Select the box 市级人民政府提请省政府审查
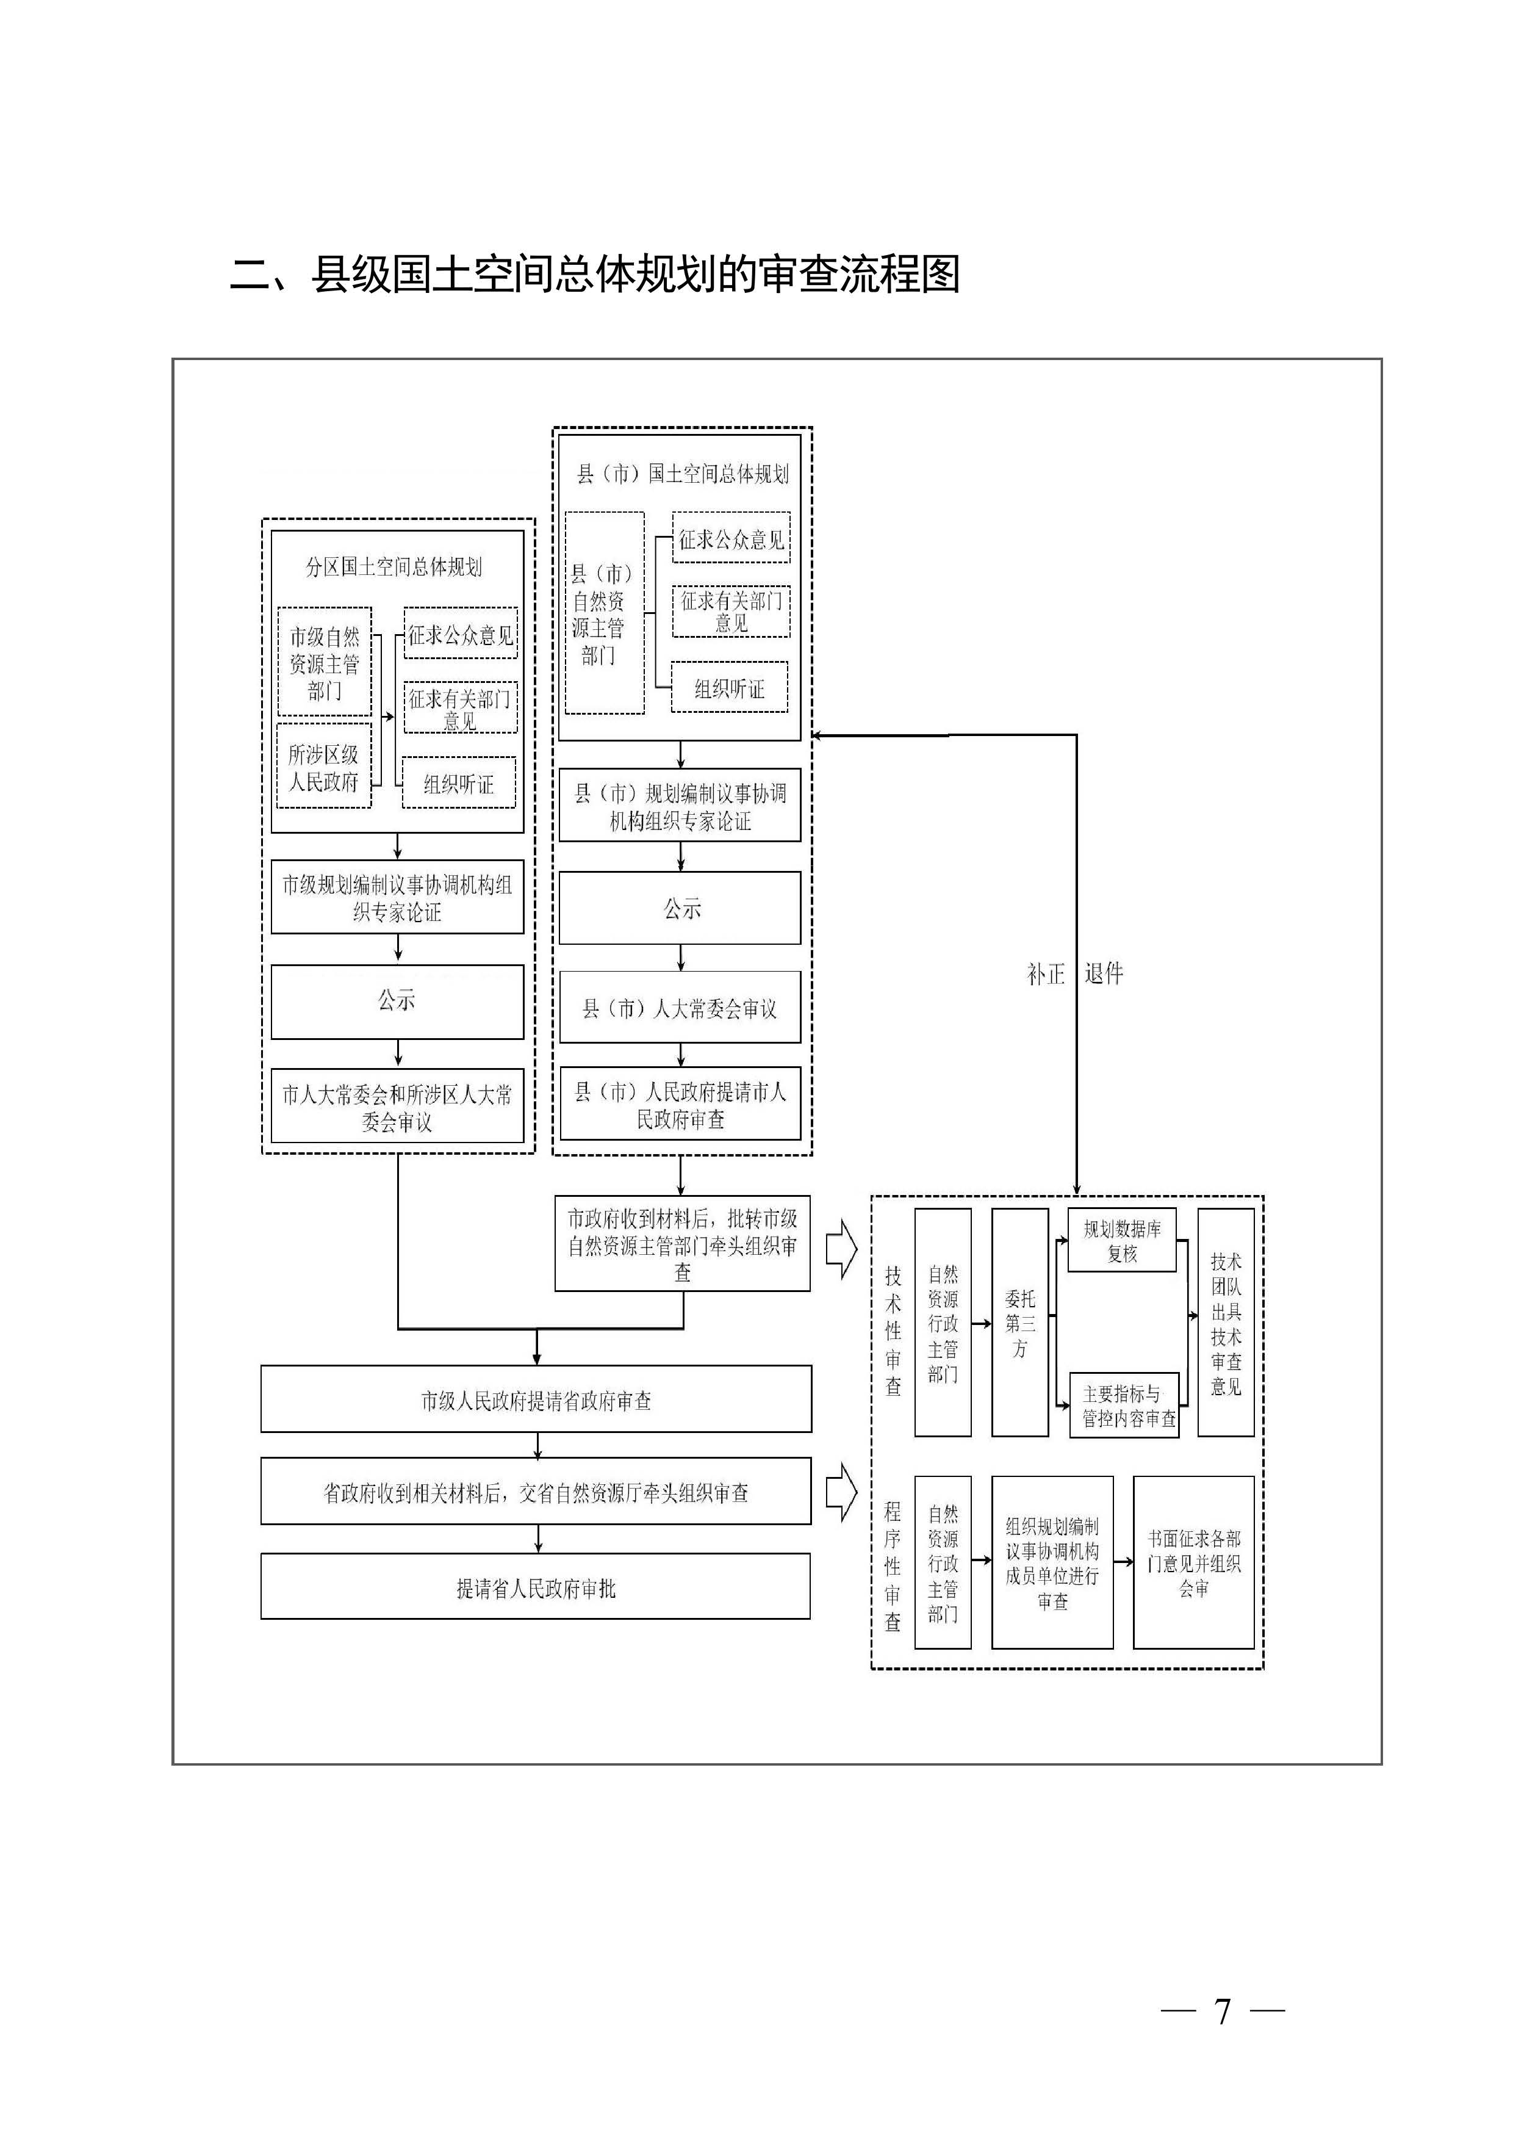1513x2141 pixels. pyautogui.click(x=536, y=1399)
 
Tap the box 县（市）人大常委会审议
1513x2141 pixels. pyautogui.click(x=680, y=1008)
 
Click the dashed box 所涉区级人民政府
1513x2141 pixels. pyautogui.click(x=323, y=767)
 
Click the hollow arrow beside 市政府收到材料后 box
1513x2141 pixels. pyautogui.click(x=841, y=1247)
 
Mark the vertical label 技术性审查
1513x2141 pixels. pyautogui.click(x=893, y=1330)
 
